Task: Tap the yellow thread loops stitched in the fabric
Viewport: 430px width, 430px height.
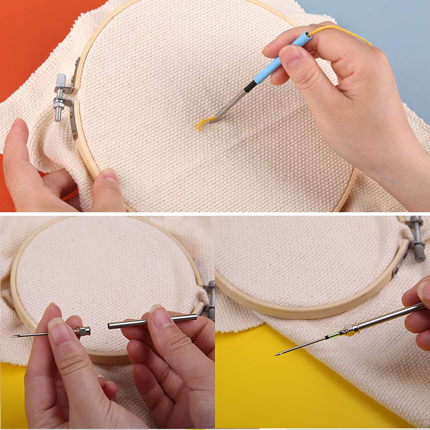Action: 202,123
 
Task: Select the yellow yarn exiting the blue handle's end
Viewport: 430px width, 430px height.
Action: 340,31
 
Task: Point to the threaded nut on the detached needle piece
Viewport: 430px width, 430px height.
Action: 82,331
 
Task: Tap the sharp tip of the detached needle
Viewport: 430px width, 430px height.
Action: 13,336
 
